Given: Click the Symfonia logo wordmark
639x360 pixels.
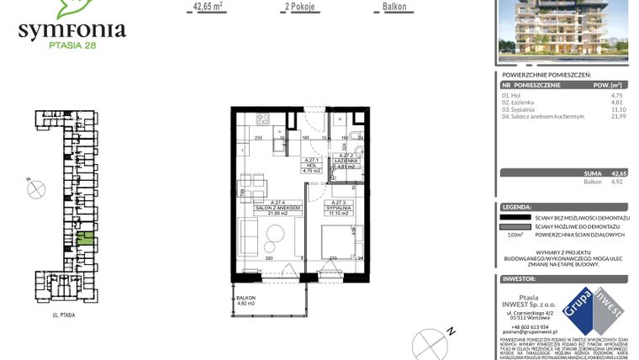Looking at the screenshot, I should pos(72,32).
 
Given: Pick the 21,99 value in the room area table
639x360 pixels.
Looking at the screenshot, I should pos(615,116).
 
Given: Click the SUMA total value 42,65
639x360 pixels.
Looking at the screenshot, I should pos(618,172).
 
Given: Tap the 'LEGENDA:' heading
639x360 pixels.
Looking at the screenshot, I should pos(516,206).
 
